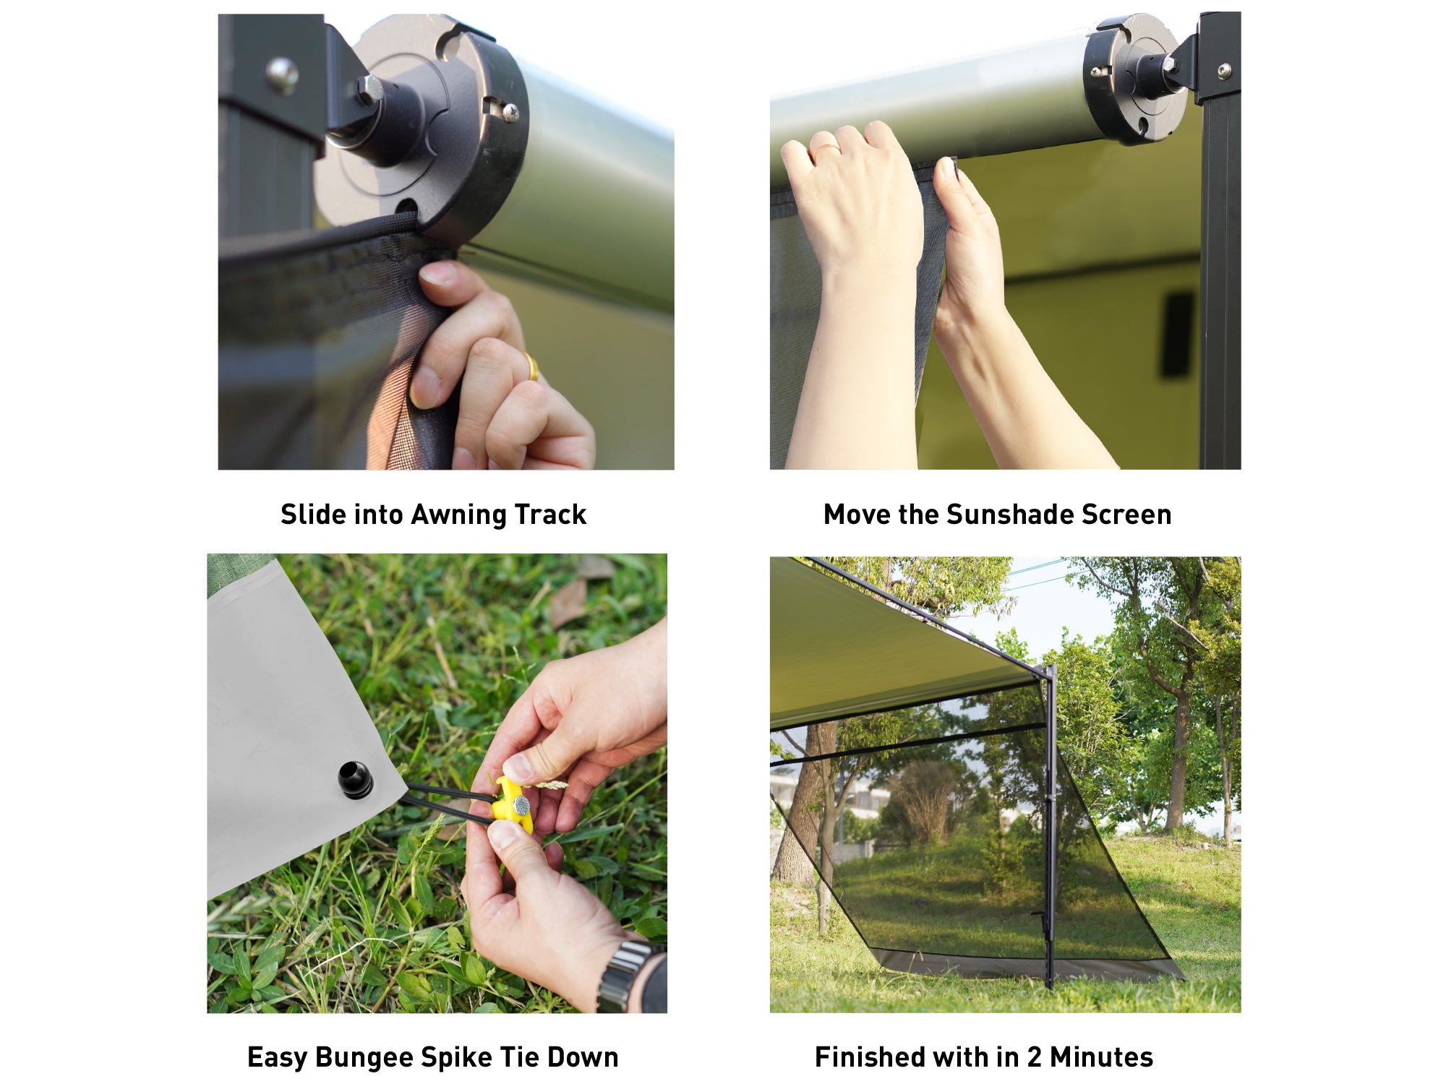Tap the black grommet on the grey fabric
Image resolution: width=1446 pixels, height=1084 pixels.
355,780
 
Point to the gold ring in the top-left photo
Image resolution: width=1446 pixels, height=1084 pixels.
531,366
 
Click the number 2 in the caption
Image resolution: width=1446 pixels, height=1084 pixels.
1035,1057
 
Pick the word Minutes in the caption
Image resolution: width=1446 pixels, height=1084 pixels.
1101,1057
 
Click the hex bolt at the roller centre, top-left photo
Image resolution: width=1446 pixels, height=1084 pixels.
369,90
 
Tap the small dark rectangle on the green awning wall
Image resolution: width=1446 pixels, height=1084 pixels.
1176,335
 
